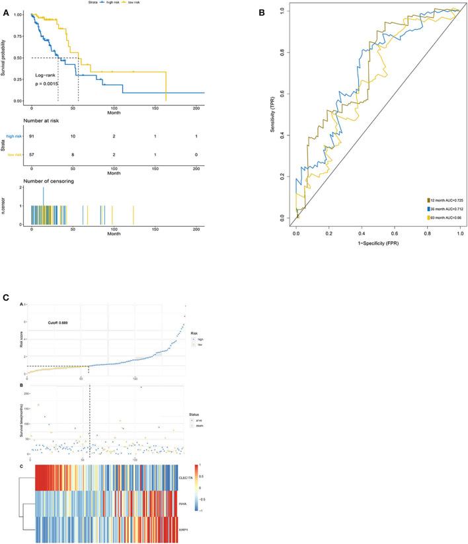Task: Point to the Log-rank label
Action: tap(46, 76)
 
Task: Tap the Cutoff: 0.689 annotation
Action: tap(58, 323)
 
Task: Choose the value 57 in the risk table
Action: tap(32, 154)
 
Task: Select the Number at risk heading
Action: tap(46, 122)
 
